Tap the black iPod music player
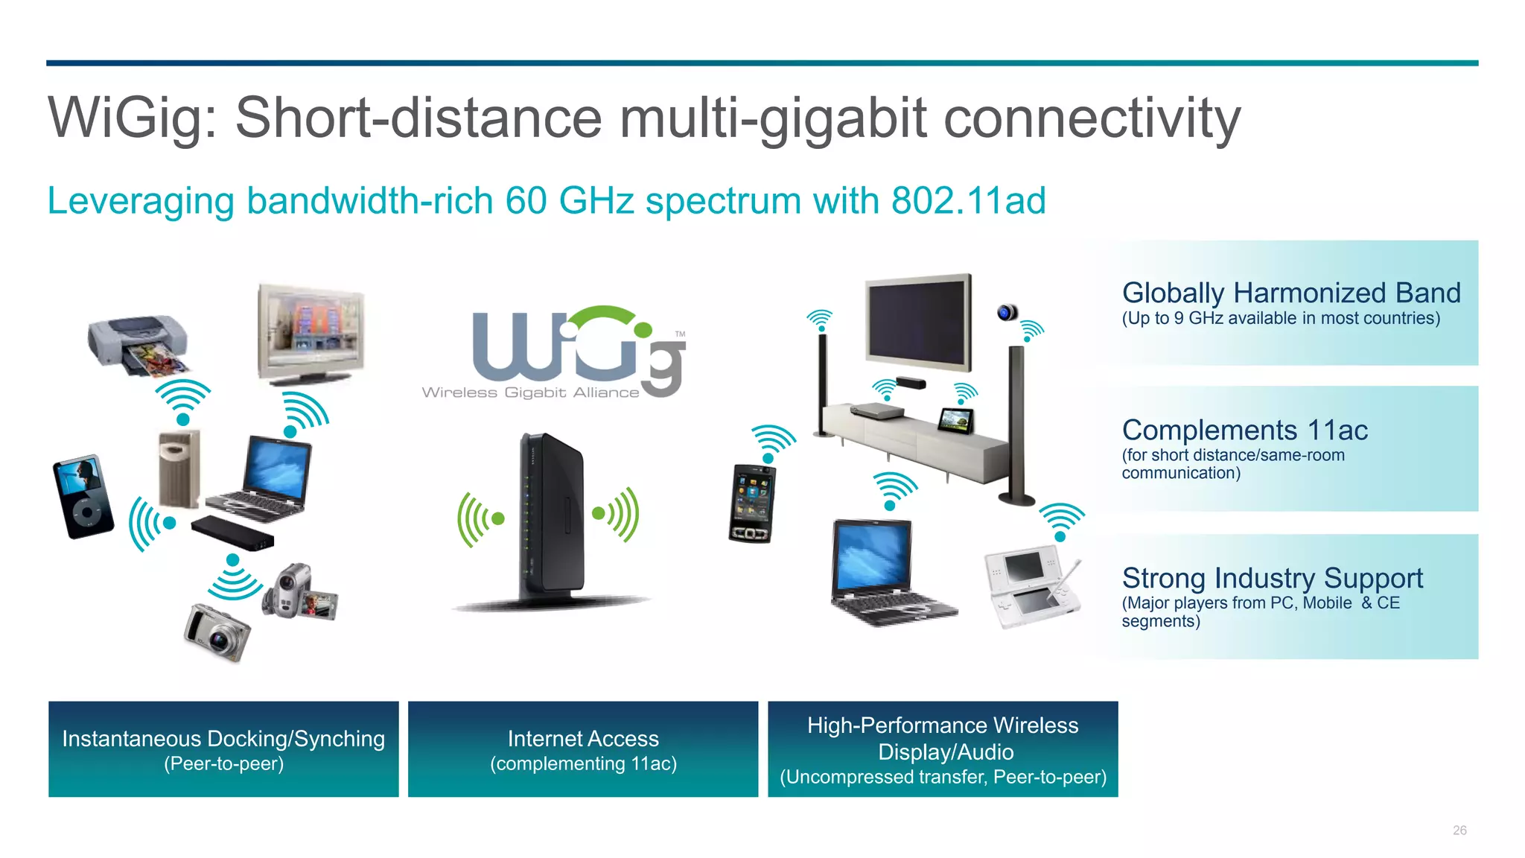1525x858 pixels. point(83,495)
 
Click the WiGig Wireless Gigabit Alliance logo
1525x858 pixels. point(554,353)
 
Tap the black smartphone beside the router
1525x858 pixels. point(751,503)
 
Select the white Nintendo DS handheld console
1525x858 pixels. point(1032,587)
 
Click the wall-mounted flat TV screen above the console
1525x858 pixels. point(918,322)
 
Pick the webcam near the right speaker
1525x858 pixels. point(1007,313)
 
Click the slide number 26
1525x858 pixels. point(1459,830)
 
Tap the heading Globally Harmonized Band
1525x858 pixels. point(1290,293)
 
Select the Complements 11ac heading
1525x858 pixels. point(1244,430)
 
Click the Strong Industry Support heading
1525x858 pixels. point(1272,578)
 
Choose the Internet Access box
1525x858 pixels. point(583,749)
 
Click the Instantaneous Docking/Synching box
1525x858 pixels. point(223,749)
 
